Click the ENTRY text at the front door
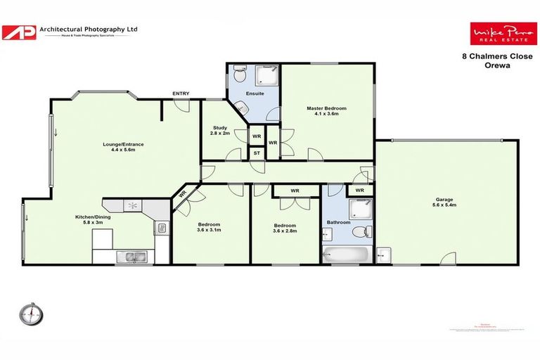[x=181, y=94]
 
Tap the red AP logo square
[x=19, y=32]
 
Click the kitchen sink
[x=131, y=256]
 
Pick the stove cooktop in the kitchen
[x=132, y=205]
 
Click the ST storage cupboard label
[x=257, y=153]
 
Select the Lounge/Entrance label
[x=123, y=148]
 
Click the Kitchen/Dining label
[x=94, y=220]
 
